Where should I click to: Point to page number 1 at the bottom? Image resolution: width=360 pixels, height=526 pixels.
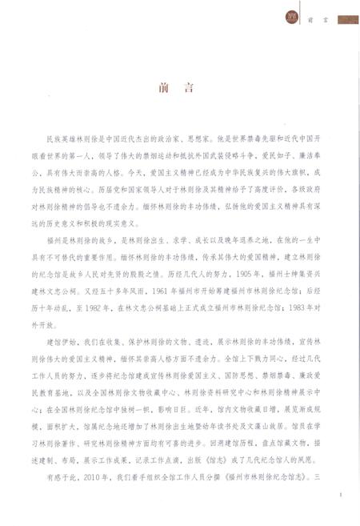340,496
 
